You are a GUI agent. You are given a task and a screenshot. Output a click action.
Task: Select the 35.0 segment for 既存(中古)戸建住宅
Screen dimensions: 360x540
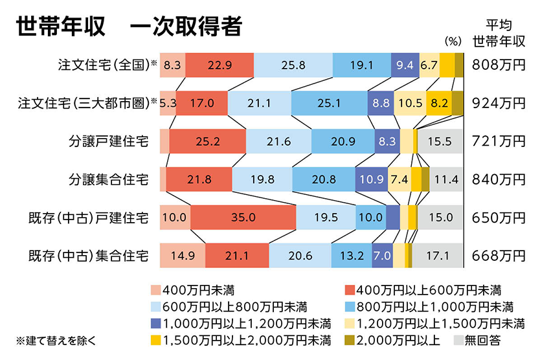[243, 218]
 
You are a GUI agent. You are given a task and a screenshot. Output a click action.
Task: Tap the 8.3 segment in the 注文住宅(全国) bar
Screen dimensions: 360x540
[172, 65]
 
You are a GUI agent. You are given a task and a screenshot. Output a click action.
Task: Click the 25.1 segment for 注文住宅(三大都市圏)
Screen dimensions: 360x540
[329, 103]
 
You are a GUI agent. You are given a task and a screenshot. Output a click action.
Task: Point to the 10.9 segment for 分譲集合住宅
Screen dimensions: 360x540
[371, 179]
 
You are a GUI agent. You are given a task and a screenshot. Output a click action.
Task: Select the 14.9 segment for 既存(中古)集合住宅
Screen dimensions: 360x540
[183, 256]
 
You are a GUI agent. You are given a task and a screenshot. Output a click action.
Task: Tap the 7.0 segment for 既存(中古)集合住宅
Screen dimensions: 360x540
[381, 256]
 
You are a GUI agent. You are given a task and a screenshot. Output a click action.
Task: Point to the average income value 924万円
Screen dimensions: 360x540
[498, 103]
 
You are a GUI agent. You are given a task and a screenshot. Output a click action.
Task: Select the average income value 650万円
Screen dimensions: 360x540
[498, 218]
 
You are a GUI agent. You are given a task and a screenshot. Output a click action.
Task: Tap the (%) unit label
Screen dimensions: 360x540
[453, 41]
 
